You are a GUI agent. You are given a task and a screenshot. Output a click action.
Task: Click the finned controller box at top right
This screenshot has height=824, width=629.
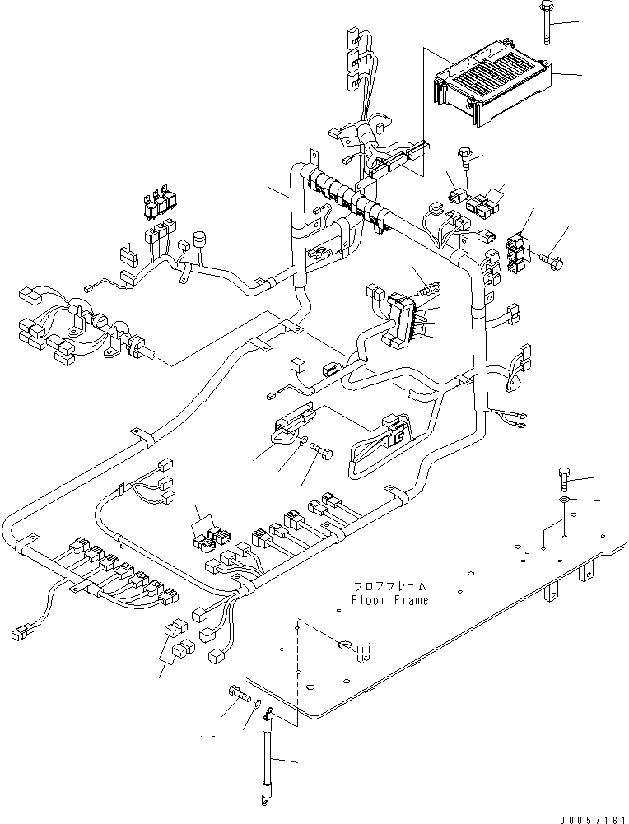pyautogui.click(x=492, y=87)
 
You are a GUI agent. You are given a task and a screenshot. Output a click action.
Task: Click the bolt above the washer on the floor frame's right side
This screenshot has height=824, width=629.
pyautogui.click(x=565, y=477)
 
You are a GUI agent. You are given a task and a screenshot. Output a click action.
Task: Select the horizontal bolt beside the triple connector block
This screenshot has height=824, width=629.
pyautogui.click(x=552, y=261)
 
